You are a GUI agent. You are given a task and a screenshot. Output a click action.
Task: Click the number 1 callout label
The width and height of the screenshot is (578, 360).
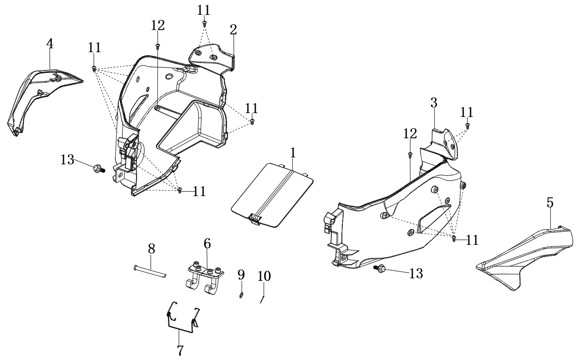[293, 153]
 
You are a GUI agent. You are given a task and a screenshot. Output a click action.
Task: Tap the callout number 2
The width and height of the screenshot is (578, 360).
[233, 30]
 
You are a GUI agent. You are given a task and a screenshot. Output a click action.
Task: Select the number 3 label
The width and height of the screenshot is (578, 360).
[434, 103]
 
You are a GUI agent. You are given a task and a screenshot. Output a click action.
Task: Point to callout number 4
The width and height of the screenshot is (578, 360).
[50, 44]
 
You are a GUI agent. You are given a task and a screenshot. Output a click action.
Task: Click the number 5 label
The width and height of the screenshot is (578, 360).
[550, 203]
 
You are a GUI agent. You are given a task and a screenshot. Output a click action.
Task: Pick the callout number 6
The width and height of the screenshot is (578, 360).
[207, 244]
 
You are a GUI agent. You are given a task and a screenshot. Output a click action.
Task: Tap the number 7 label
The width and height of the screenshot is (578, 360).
[180, 350]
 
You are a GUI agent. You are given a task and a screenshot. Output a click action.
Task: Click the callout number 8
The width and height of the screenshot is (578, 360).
[151, 249]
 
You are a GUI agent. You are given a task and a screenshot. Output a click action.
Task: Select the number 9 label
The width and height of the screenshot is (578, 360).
[241, 275]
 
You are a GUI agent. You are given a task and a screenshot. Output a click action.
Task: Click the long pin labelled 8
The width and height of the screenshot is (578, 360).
[149, 271]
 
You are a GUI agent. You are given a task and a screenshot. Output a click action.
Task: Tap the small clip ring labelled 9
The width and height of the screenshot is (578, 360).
[241, 296]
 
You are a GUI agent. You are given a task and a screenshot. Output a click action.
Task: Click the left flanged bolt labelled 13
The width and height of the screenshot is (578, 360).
[98, 169]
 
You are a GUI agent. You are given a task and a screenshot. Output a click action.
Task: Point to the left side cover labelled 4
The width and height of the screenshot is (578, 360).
[39, 98]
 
